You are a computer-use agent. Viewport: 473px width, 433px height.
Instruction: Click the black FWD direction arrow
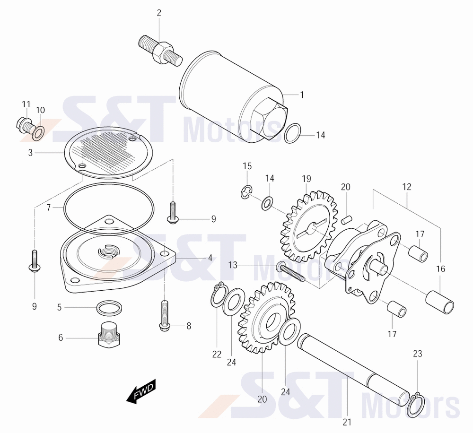coord(141,391)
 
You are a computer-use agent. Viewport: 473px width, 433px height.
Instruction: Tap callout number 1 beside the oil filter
coord(302,95)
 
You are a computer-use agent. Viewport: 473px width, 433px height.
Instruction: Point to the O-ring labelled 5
coord(109,308)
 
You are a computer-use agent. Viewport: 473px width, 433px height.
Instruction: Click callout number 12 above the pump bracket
coord(407,187)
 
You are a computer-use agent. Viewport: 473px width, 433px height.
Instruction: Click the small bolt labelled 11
coord(24,125)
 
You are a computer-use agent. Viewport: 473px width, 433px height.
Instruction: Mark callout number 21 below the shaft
coord(347,422)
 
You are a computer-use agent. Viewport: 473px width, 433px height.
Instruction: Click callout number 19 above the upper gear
coord(307,179)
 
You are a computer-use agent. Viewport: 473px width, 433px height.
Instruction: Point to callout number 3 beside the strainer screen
coord(30,153)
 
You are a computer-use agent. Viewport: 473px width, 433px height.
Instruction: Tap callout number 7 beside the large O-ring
coord(49,208)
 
